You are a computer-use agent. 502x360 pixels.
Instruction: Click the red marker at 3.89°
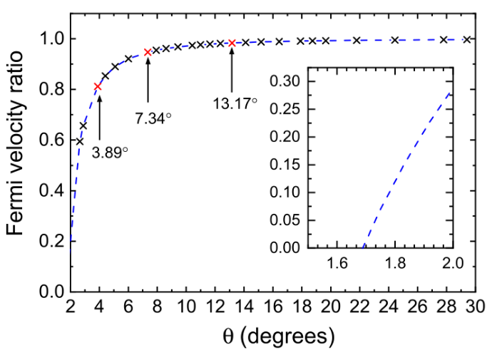pos(98,87)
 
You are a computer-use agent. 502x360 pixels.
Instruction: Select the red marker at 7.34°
pos(148,52)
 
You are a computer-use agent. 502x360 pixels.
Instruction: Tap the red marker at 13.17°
pos(232,43)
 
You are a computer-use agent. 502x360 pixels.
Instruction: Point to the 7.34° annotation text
pos(153,118)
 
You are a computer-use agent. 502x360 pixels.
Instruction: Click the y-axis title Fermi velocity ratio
pos(21,157)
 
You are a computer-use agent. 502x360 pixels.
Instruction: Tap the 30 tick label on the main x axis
pos(476,307)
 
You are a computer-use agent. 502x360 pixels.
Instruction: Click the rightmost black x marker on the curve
pos(467,40)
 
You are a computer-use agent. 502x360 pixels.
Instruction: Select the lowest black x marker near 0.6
pos(79,141)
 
